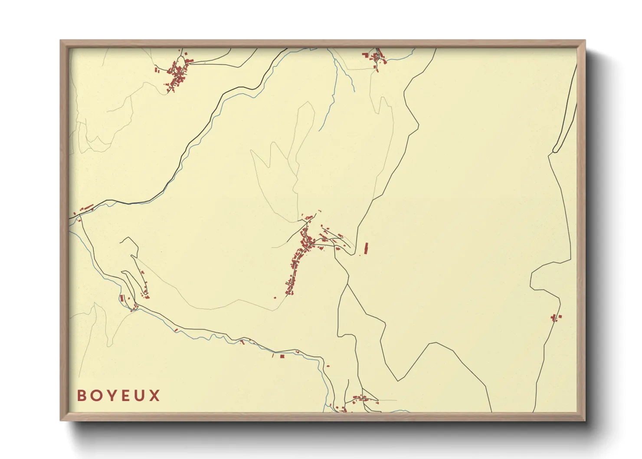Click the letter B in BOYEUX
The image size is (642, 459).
tap(82, 395)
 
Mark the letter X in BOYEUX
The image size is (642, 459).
tap(155, 395)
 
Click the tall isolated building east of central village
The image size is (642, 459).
tap(366, 248)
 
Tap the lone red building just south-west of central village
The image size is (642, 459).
tap(275, 297)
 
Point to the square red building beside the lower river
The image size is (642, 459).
tap(282, 357)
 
